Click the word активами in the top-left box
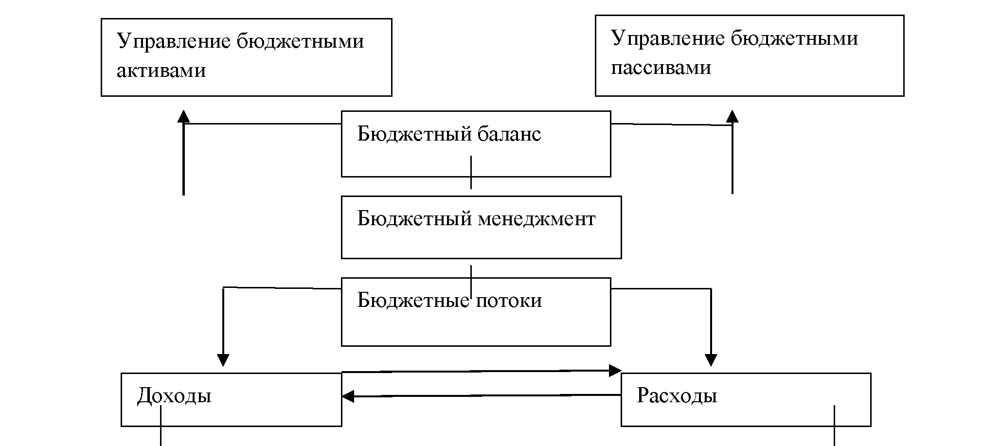tap(161, 71)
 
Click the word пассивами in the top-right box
tap(661, 68)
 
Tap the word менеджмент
tap(536, 219)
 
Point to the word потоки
tap(508, 301)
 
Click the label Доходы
tap(174, 396)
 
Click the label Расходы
tap(677, 396)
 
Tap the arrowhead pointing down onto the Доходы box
tap(223, 360)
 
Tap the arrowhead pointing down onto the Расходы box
tap(711, 360)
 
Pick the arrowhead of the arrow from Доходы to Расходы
tap(616, 371)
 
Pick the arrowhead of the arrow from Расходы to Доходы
tap(347, 396)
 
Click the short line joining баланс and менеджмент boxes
tap(471, 183)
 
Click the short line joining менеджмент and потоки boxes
tap(471, 270)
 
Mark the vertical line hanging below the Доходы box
tap(161, 435)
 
